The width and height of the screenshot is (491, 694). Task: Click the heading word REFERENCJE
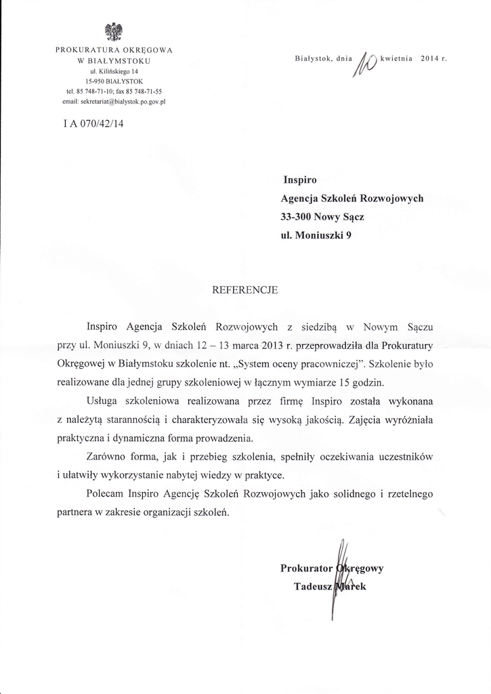(245, 289)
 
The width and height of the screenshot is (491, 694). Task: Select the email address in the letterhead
(114, 100)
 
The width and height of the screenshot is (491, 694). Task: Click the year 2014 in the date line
(430, 60)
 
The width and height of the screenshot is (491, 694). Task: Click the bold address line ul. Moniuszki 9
(316, 237)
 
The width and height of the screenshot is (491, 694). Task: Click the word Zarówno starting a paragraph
(108, 455)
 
